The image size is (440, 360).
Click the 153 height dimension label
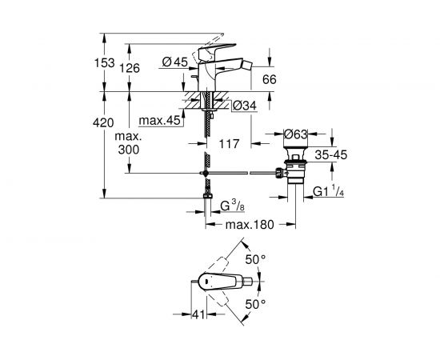pos(104,63)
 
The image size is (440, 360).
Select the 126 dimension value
pos(130,68)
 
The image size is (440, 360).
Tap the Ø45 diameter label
pos(175,62)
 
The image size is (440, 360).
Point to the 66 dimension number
pos(270,79)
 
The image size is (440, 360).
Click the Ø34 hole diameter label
pos(245,106)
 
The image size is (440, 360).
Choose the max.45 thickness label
pos(159,121)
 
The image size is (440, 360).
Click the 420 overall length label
pos(103,123)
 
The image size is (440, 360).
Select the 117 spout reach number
pos(229,144)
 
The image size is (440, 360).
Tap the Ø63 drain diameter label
pos(296,134)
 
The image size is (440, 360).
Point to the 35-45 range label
pos(331,154)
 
